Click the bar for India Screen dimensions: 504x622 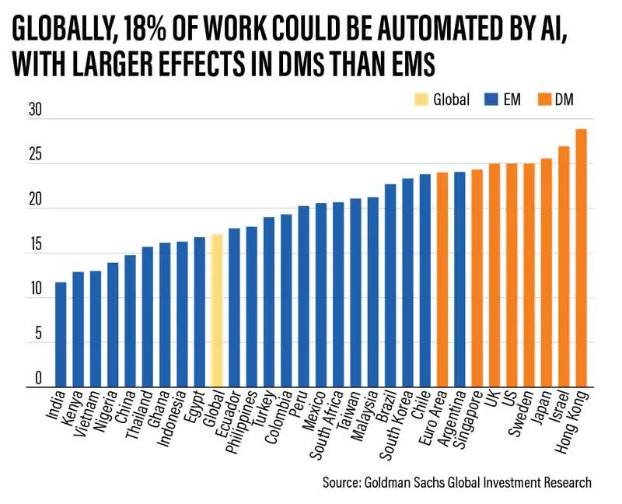(61, 334)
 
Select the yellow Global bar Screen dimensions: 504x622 (217, 311)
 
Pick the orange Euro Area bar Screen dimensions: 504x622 (442, 280)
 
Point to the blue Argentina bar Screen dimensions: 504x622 (460, 280)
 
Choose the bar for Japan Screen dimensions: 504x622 (547, 272)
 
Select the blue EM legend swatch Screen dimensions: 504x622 (490, 100)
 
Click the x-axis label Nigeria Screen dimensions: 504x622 (108, 410)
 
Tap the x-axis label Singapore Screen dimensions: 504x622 (467, 418)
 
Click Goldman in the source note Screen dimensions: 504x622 (400, 482)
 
